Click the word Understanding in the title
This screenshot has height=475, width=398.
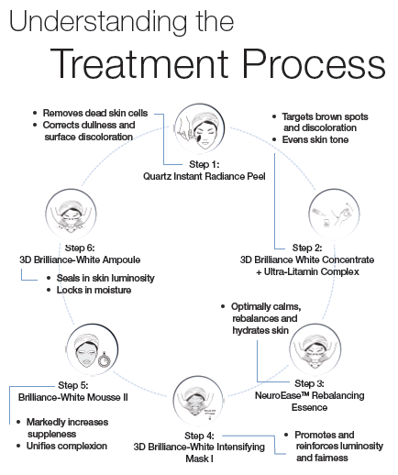tap(98, 22)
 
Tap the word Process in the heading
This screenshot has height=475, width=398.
tap(314, 63)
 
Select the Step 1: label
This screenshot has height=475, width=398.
tap(205, 164)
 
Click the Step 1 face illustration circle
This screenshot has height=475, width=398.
tap(200, 128)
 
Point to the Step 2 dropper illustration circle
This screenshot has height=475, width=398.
tap(334, 215)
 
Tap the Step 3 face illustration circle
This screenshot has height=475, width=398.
tap(315, 349)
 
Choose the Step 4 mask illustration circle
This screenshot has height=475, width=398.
tap(198, 401)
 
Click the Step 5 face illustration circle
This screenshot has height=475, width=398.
tap(92, 349)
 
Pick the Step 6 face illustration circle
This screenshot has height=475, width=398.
tap(71, 215)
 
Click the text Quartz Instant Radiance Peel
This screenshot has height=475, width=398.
tap(205, 176)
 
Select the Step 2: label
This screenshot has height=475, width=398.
tap(307, 248)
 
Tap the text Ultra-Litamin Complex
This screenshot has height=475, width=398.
tap(312, 271)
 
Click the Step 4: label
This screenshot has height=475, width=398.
tap(199, 436)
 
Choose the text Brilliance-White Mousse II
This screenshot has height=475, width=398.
tap(73, 397)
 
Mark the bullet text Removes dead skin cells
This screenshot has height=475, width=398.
tap(95, 113)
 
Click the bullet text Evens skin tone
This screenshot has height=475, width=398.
tap(315, 139)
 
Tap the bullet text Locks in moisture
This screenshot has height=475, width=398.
tap(94, 290)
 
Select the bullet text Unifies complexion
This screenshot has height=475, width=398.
tap(67, 446)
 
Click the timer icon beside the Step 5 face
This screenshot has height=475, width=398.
tap(104, 360)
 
